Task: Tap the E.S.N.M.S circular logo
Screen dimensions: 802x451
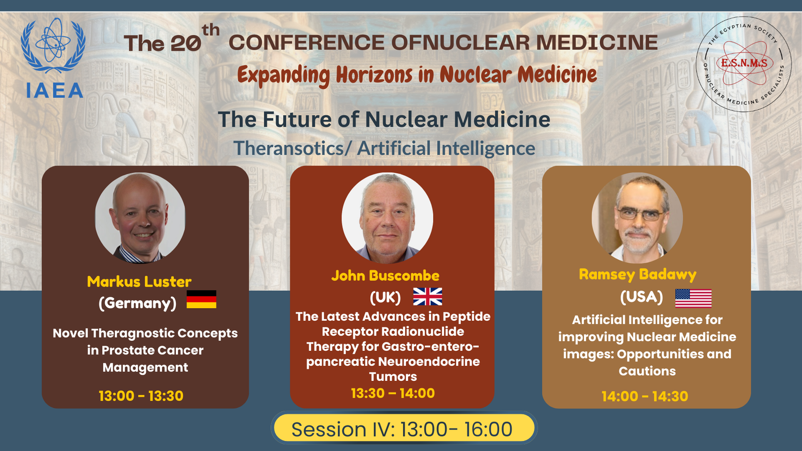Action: (743, 64)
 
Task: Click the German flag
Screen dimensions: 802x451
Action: (201, 299)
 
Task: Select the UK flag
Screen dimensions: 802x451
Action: (428, 296)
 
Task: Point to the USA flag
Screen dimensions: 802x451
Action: (693, 299)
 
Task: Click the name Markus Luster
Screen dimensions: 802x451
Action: (139, 282)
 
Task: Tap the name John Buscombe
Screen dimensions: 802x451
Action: (385, 276)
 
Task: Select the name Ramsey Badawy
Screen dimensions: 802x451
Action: (638, 275)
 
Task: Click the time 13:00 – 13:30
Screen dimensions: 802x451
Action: (141, 396)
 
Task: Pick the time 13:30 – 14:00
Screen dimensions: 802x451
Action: (393, 393)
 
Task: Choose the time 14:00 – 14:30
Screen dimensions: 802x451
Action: (645, 396)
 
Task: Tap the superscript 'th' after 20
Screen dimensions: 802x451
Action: (211, 31)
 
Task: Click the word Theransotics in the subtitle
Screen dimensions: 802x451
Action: (288, 148)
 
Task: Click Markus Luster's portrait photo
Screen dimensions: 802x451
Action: (140, 218)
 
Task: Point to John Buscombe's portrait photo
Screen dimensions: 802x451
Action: (387, 218)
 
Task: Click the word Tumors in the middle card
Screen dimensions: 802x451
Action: (393, 376)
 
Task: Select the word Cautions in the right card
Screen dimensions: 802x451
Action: (647, 371)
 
